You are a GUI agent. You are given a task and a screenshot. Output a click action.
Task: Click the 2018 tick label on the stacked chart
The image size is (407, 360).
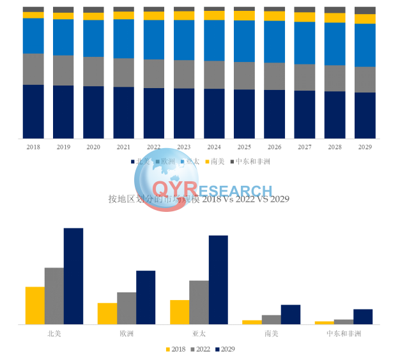(x=33, y=147)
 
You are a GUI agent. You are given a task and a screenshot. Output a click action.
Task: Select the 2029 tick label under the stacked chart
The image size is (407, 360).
(x=365, y=147)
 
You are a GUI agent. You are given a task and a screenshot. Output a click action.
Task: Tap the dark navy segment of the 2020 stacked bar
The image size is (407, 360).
(x=93, y=112)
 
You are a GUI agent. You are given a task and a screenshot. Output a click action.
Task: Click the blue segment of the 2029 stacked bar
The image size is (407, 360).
(x=365, y=45)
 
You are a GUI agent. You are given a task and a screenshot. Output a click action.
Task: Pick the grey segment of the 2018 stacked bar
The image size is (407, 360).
(x=33, y=69)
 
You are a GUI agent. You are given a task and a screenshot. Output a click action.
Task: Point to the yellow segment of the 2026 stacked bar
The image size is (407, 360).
(x=275, y=16)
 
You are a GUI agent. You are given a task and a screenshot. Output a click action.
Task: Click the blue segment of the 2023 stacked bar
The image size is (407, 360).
(x=184, y=40)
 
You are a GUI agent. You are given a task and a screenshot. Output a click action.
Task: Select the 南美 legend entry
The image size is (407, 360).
(x=214, y=161)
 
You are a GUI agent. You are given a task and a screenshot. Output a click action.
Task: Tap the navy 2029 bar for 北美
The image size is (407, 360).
(x=73, y=276)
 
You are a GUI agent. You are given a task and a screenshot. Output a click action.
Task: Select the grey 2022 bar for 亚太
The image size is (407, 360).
(x=199, y=302)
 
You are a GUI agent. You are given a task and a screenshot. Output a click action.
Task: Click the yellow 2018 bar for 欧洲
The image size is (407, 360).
(x=107, y=313)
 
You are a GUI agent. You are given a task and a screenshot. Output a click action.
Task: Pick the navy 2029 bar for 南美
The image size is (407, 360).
(x=290, y=314)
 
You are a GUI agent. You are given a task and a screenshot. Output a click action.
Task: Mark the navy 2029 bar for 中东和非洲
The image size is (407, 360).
(x=363, y=317)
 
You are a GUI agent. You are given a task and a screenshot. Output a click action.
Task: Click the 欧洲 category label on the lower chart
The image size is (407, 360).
(x=127, y=334)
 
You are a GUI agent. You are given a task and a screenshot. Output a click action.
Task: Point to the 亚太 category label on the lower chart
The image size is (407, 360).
(x=199, y=334)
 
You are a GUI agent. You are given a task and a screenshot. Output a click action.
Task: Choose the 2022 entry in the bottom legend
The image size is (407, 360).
(x=200, y=349)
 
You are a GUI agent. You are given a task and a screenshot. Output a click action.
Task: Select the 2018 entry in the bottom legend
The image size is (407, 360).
(x=175, y=349)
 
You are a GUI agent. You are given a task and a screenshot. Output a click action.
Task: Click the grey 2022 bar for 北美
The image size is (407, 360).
(x=54, y=296)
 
